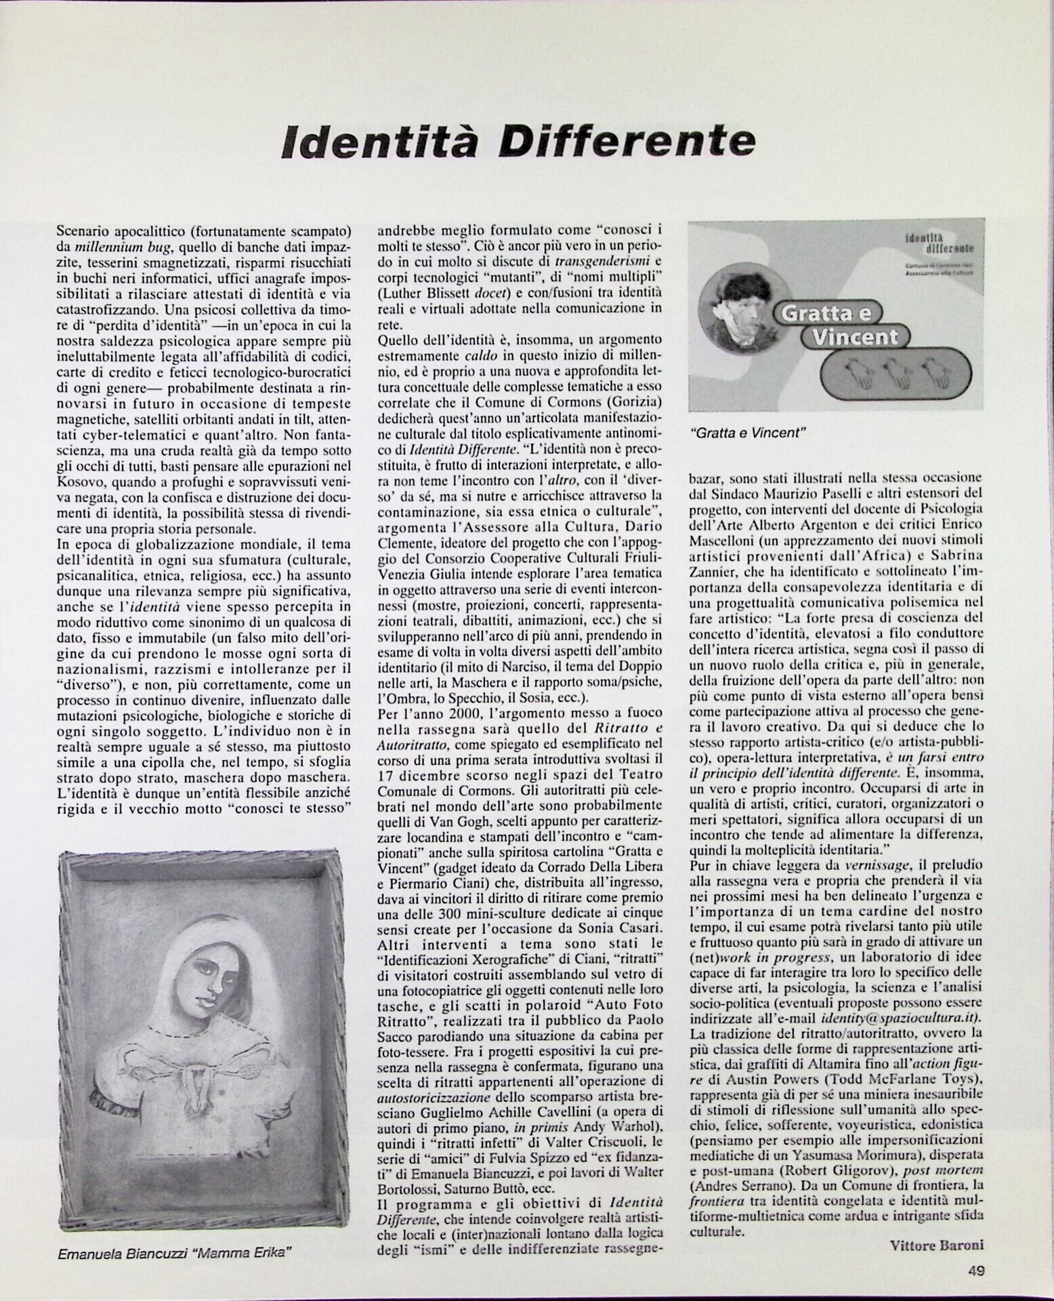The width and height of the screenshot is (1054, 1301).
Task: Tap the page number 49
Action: [x=976, y=1271]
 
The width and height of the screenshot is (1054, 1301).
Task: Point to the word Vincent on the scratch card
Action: [x=855, y=337]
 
